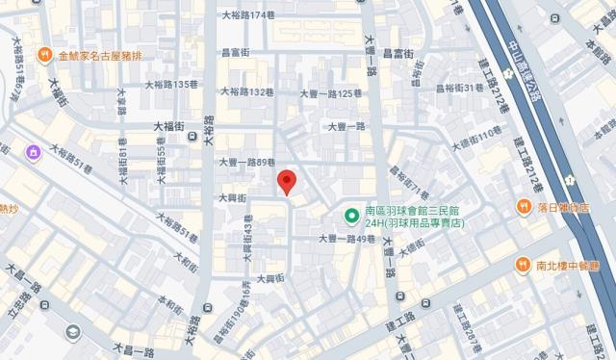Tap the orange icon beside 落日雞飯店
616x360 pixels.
coord(524,206)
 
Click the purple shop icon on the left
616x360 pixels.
coord(32,151)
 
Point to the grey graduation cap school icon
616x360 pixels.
coord(72,331)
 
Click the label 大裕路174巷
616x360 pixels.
coord(249,16)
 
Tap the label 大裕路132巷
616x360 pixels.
coord(248,92)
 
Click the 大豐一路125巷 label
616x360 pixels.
coord(332,93)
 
